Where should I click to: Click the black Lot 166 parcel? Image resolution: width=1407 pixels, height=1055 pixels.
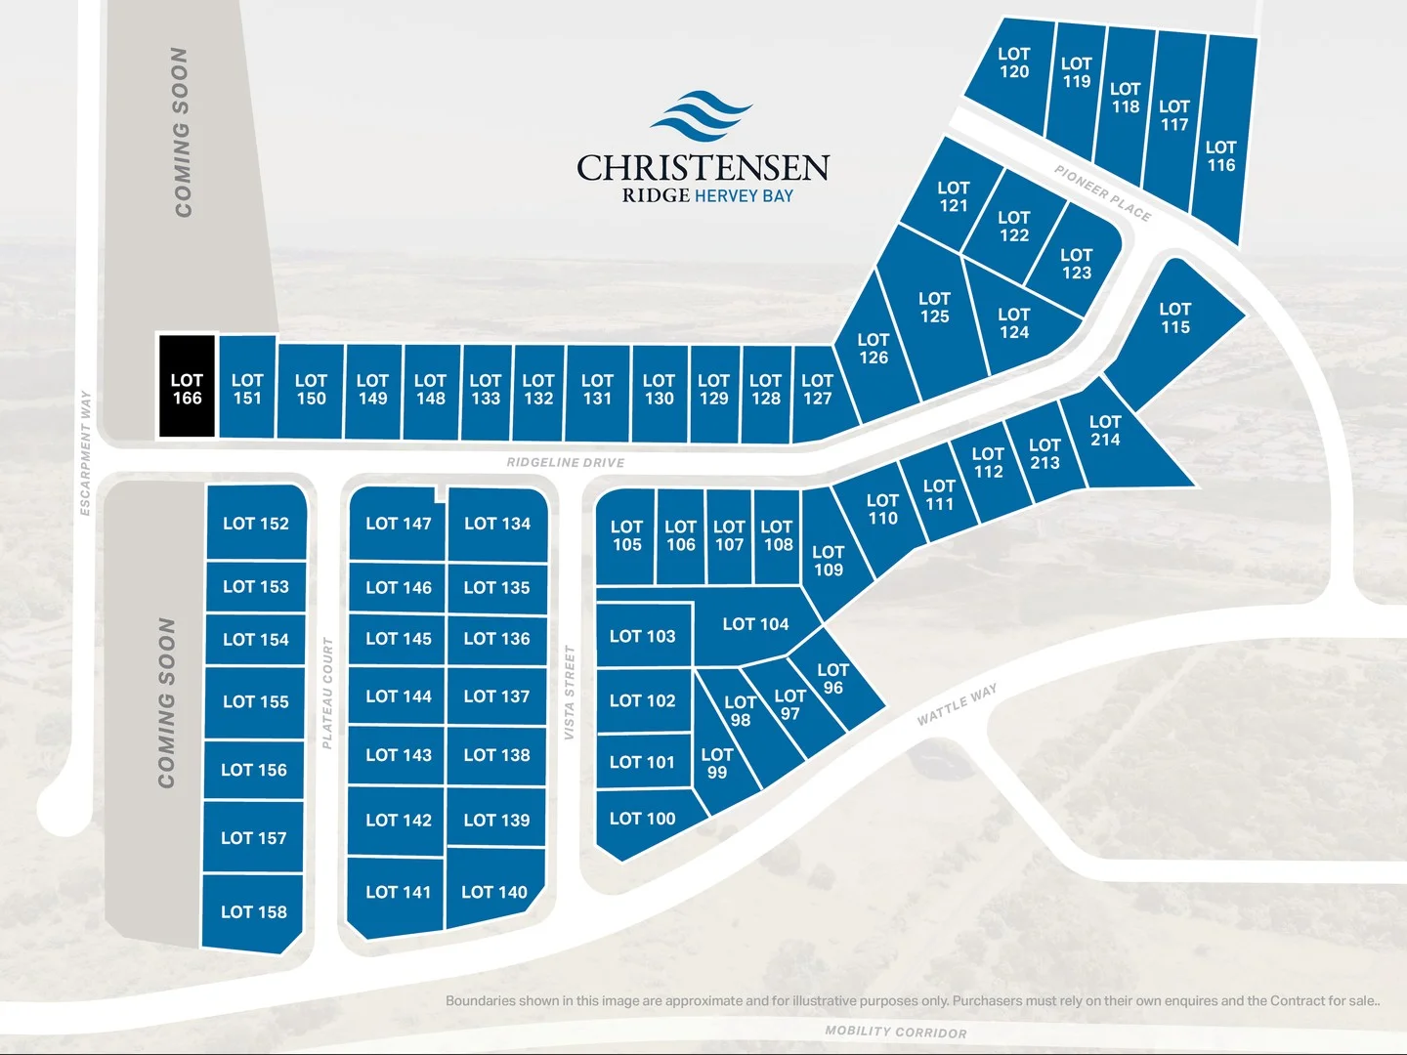(x=187, y=388)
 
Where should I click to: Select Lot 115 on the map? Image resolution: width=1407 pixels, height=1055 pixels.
(x=1175, y=319)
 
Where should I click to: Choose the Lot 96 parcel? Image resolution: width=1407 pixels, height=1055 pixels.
(x=832, y=679)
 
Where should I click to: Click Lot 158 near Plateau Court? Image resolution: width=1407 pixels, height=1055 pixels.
(x=253, y=911)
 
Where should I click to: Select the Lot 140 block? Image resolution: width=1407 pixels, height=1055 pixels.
(x=493, y=891)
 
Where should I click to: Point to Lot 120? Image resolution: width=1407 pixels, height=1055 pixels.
(x=1013, y=63)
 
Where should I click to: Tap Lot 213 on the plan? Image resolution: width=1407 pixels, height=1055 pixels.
(x=1045, y=454)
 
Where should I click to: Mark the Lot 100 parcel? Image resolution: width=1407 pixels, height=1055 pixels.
(x=642, y=819)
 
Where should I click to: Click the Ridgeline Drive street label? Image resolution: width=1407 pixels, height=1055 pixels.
(x=565, y=462)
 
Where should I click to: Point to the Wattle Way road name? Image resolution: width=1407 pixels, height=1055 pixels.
(x=958, y=704)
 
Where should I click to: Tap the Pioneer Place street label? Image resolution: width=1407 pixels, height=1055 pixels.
(x=1102, y=192)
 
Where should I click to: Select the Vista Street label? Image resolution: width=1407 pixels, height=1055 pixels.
(x=569, y=692)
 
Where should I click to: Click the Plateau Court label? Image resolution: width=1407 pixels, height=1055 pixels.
(x=327, y=693)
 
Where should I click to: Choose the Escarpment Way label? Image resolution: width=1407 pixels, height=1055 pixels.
(x=85, y=452)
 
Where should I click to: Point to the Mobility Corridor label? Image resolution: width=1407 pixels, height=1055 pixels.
(x=896, y=1032)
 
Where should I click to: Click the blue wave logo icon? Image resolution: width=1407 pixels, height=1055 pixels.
(x=702, y=116)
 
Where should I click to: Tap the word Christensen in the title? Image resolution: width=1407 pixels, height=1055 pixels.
(x=703, y=168)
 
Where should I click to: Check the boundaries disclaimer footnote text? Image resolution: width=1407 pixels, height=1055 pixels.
(x=913, y=1000)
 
